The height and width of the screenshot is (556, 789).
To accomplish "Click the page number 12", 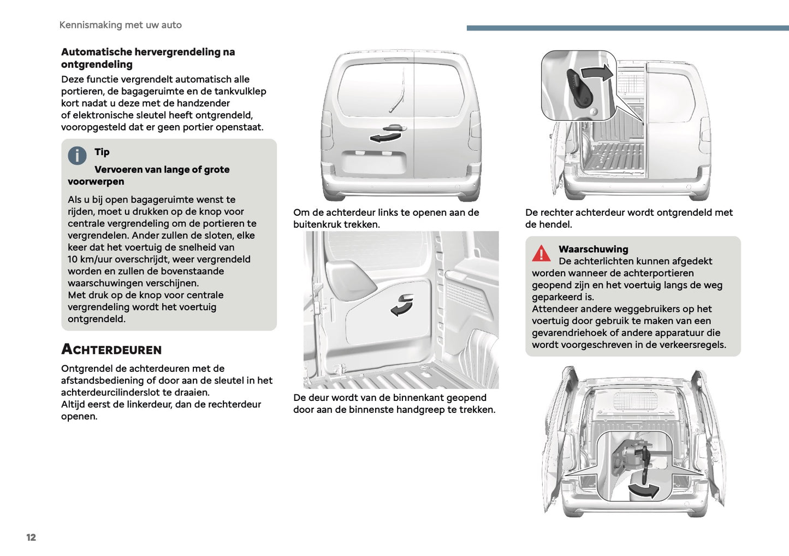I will click(x=31, y=537).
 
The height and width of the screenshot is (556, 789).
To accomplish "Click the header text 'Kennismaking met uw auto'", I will click(x=120, y=25).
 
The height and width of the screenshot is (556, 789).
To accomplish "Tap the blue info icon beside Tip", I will click(x=77, y=156).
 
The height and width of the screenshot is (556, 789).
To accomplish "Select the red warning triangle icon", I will click(x=541, y=253).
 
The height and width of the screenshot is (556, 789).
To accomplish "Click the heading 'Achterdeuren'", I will click(x=111, y=350).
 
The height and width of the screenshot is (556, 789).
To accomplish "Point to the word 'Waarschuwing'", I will click(x=593, y=249).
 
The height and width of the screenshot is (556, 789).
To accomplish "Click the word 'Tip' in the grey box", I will click(x=102, y=152).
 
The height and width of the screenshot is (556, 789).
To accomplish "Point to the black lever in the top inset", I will click(x=579, y=88).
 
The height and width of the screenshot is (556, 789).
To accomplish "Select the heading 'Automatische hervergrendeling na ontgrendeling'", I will click(x=147, y=58).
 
